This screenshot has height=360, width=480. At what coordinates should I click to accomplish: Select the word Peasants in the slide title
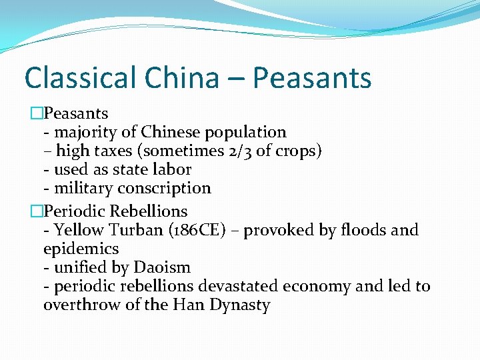click(x=312, y=78)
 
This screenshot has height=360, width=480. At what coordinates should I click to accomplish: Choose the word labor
click(x=173, y=169)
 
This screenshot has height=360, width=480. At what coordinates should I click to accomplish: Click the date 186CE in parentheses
click(x=199, y=230)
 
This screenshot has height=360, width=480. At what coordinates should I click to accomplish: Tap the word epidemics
click(x=81, y=249)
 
